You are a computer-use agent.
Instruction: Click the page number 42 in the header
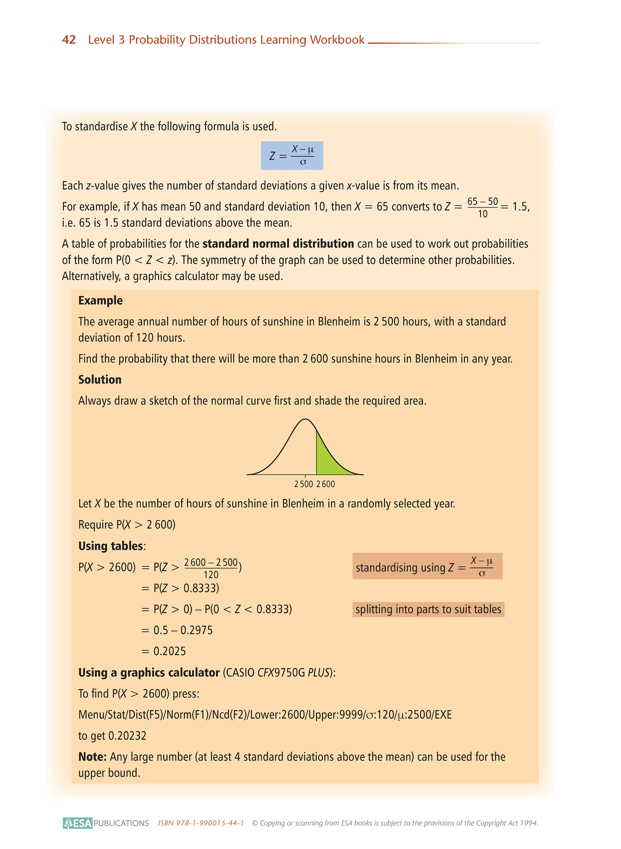click(69, 40)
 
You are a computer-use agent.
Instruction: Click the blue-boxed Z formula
click(292, 155)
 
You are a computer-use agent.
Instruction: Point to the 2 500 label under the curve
click(303, 484)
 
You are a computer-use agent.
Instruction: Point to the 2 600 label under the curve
click(326, 484)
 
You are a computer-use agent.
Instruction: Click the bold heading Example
click(100, 301)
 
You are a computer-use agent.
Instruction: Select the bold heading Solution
click(100, 380)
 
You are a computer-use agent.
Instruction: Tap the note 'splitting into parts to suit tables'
click(428, 609)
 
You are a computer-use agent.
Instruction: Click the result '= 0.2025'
click(164, 651)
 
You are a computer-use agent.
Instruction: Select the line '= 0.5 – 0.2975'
click(177, 630)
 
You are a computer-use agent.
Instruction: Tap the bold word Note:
click(92, 757)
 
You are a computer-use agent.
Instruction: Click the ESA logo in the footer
click(78, 823)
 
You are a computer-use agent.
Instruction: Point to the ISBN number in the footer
click(201, 823)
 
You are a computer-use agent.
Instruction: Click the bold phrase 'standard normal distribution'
click(278, 244)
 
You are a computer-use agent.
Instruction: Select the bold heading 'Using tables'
click(111, 546)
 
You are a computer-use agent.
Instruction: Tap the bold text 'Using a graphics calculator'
click(149, 673)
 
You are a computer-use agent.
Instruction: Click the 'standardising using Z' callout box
click(427, 566)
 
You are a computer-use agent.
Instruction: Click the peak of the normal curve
click(305, 419)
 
